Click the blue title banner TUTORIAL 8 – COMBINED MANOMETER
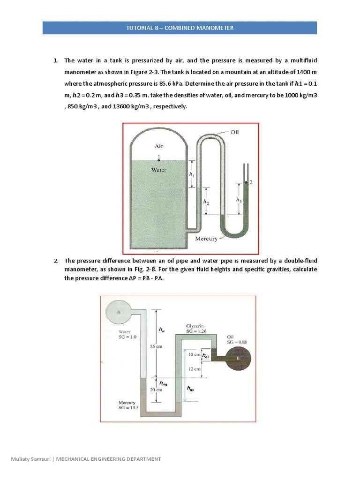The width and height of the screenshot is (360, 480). point(180,28)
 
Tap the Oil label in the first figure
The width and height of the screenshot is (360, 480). point(234,132)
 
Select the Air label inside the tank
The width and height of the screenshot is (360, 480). point(159,146)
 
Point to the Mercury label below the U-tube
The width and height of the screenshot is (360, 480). point(206,239)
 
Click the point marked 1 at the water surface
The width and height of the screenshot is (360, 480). point(159,159)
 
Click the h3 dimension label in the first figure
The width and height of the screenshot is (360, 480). point(239,199)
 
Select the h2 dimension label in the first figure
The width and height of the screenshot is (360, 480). point(205,201)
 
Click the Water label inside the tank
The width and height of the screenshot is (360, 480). point(159,170)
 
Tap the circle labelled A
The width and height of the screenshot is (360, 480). point(119,310)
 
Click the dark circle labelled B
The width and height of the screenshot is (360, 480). point(238,359)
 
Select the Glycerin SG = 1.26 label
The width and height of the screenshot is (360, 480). point(195,328)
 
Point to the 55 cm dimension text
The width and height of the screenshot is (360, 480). point(156,346)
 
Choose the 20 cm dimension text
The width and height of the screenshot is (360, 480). point(156,390)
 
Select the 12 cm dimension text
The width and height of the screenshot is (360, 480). point(194,369)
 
